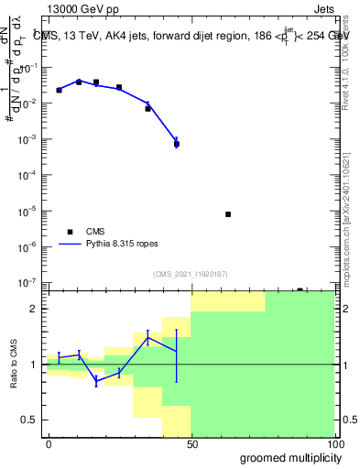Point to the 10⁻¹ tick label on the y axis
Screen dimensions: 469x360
(x=33, y=68)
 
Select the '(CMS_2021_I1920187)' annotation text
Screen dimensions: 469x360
(x=191, y=274)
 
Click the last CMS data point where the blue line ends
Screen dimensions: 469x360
(x=176, y=144)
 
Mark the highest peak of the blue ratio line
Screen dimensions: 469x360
(x=147, y=337)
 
